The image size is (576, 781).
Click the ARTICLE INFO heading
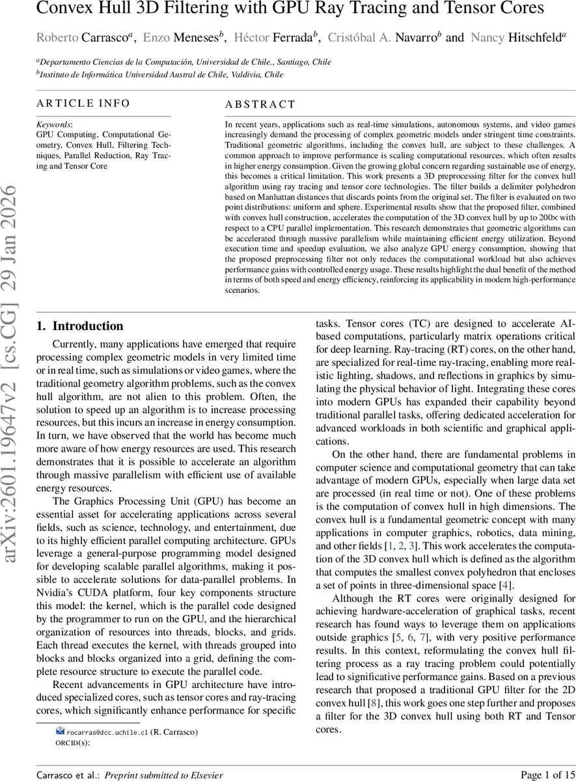click(x=83, y=103)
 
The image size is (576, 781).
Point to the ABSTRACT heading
click(x=260, y=104)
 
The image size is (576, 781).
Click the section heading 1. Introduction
click(x=79, y=326)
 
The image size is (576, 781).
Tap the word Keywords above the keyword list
click(x=54, y=124)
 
